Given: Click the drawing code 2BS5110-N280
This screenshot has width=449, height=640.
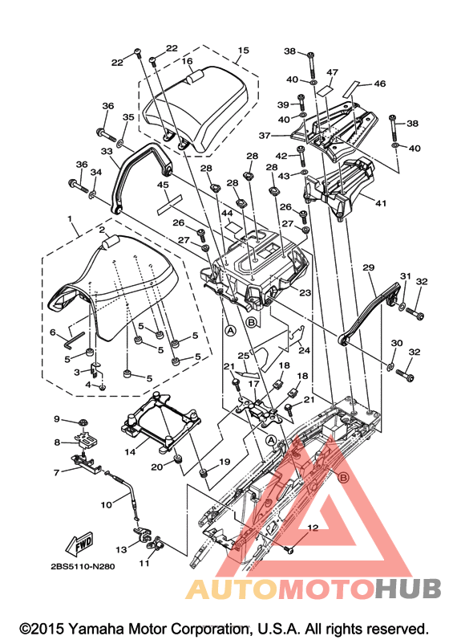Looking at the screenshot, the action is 83,567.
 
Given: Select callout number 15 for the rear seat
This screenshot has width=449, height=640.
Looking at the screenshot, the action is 243,51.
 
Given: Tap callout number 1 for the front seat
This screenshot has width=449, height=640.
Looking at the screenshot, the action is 70,219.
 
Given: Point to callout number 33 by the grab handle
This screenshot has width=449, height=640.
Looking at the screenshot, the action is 107,151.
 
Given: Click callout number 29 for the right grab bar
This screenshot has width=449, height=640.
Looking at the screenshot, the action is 368,267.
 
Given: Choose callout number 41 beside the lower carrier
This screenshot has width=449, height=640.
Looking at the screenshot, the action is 381,203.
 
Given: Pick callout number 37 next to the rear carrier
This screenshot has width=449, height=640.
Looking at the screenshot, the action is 265,135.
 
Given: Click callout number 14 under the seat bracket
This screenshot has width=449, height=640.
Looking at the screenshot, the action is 130,452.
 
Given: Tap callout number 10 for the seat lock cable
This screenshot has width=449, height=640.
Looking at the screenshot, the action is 107,505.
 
